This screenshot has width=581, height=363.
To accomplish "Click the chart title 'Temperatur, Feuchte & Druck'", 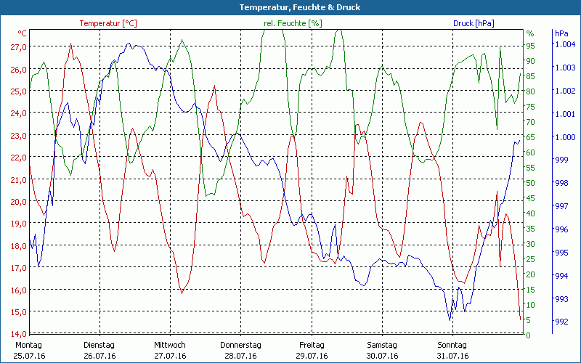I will pos(290,7).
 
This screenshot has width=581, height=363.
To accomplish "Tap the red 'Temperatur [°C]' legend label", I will pos(108,23).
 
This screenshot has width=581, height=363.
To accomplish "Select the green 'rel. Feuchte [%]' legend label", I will pos(293,23).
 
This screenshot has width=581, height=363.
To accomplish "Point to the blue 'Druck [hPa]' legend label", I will pos(474,23).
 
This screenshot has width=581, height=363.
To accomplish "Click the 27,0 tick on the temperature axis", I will pos(18,47).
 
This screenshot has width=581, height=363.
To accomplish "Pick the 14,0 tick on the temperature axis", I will pos(18,334).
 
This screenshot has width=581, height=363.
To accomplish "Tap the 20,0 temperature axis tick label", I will pos(18,202).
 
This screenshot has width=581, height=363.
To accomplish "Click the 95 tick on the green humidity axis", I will pos(530,45).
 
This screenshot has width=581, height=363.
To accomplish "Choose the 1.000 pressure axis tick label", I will pos(564,137).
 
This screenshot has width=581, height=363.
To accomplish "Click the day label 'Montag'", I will pos(29,345).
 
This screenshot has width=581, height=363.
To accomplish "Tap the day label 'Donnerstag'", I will pos(240,345).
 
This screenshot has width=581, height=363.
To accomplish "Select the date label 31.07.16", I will pos(453,356).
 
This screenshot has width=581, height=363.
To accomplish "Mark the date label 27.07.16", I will pos(170,356).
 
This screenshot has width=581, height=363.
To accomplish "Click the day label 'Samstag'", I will pos(382,345).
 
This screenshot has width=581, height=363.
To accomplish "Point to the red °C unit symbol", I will pos(23,33).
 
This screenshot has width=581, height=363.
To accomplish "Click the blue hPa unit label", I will pos(561,33).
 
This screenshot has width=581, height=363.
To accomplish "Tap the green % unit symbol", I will pos(530,33).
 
